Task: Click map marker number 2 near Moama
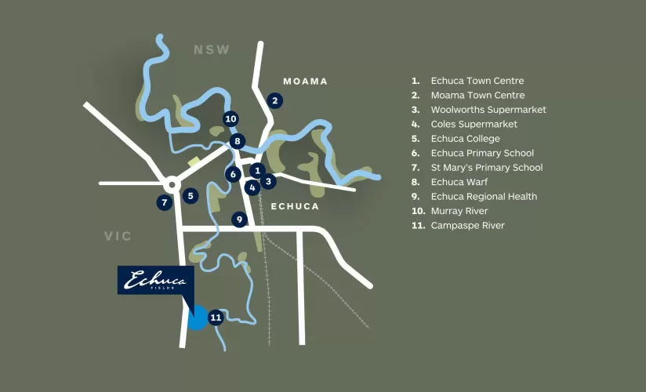click(x=274, y=100)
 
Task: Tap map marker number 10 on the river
click(x=230, y=119)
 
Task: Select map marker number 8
click(x=238, y=142)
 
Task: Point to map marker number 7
click(x=165, y=202)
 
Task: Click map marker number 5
click(x=191, y=195)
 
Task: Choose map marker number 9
click(x=240, y=220)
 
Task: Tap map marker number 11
click(x=216, y=318)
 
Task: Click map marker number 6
click(x=233, y=174)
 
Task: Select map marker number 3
click(x=269, y=182)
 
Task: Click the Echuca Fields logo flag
click(x=156, y=281)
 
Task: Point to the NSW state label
click(x=212, y=50)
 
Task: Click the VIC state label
click(x=118, y=236)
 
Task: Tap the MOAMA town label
click(x=305, y=82)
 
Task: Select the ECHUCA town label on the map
click(x=294, y=206)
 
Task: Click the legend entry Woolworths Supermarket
click(x=488, y=110)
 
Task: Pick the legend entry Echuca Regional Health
click(x=483, y=197)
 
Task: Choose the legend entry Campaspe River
click(x=467, y=226)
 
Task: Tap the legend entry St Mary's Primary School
click(x=486, y=168)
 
